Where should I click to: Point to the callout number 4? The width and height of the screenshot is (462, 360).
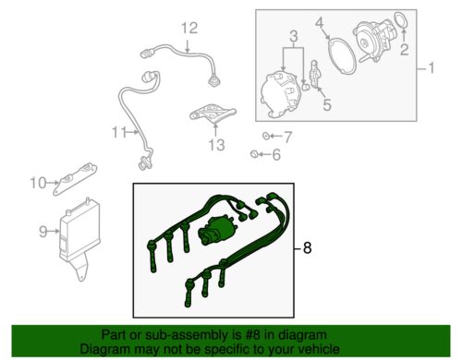(342, 20)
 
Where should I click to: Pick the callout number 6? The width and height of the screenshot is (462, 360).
(275, 156)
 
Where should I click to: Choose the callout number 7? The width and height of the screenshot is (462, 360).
(286, 138)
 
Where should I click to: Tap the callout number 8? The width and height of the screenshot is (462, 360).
(309, 248)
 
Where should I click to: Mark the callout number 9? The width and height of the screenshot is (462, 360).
(43, 232)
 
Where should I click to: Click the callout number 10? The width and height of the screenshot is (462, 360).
(35, 182)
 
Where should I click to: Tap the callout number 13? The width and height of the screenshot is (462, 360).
(216, 144)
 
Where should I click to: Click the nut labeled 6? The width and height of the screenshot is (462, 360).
(256, 154)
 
